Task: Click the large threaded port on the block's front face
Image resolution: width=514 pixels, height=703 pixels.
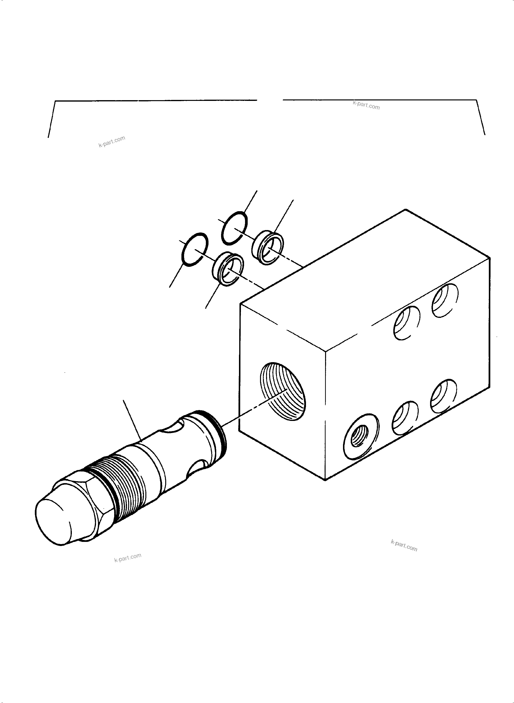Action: [x=283, y=391]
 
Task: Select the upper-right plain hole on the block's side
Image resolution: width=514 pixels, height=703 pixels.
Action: [x=445, y=300]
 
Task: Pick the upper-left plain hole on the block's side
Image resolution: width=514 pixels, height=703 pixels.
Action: [x=407, y=323]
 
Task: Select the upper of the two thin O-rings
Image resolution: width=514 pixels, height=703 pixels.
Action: [x=234, y=228]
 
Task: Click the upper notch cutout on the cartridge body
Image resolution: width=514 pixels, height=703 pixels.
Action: [x=172, y=426]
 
